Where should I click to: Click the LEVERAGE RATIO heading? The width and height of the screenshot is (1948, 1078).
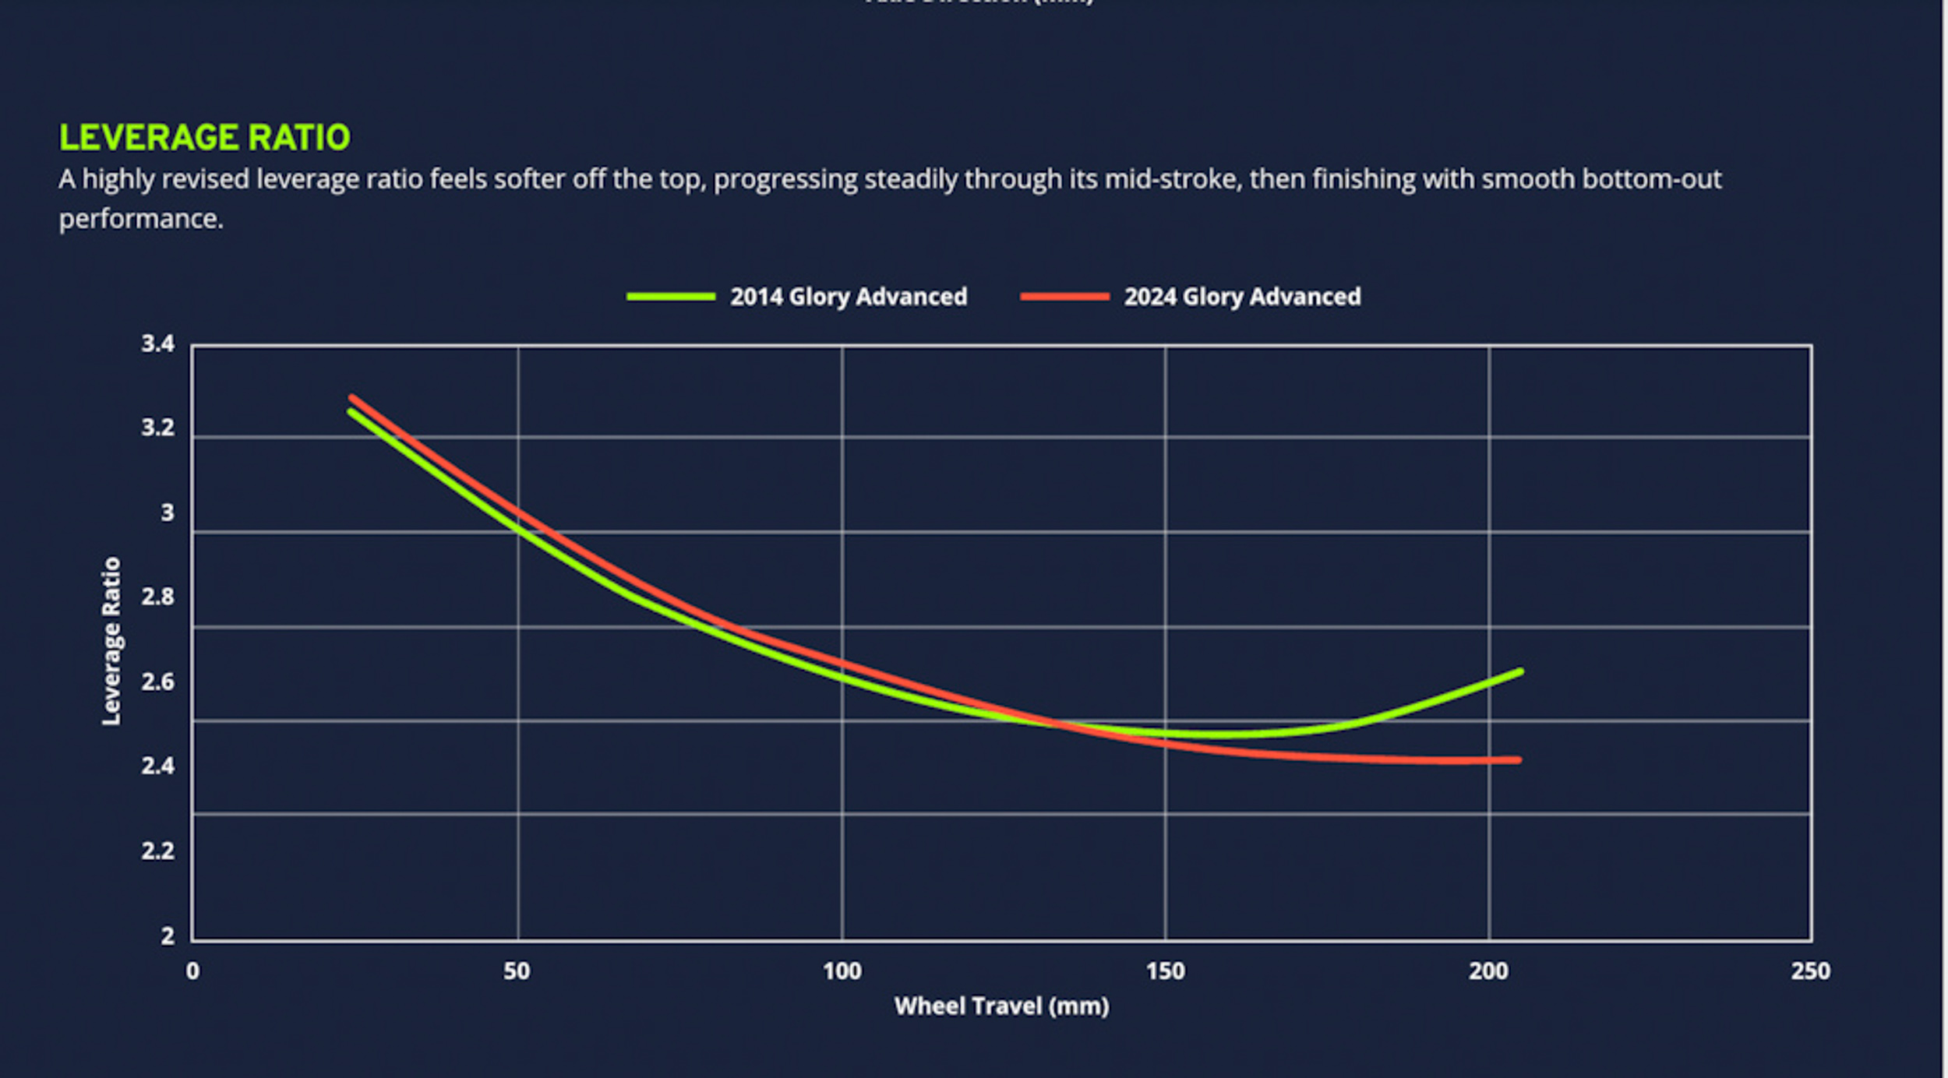point(204,138)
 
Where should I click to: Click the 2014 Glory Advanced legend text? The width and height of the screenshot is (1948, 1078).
point(848,297)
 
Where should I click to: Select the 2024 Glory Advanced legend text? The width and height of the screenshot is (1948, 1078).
point(1242,297)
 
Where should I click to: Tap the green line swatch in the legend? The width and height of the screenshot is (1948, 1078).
point(671,297)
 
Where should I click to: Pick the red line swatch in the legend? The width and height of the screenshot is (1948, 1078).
point(1064,297)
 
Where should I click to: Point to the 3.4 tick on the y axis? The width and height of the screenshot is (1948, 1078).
point(157,343)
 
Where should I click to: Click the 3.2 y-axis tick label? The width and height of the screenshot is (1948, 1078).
point(157,428)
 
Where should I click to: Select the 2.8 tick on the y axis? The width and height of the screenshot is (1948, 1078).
point(157,597)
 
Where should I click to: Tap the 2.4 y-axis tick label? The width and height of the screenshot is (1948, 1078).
point(157,766)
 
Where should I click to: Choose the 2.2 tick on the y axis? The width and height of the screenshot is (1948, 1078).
point(157,851)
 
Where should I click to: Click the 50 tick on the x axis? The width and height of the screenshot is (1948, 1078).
point(517,971)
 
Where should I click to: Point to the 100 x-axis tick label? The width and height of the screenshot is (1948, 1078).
point(842,971)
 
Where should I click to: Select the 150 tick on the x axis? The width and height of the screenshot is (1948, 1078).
point(1165,971)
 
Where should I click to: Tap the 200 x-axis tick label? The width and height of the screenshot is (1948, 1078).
point(1488,971)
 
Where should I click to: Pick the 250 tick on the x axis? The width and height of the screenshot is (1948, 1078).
point(1810,971)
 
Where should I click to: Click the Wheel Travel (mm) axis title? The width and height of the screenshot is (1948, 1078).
point(1001,1006)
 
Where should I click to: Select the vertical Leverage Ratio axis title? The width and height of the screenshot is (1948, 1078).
point(111,640)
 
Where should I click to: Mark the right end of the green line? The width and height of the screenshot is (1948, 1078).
point(1520,671)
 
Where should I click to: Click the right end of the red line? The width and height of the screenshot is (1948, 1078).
point(1518,760)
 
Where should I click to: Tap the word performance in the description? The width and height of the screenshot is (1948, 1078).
point(140,220)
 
